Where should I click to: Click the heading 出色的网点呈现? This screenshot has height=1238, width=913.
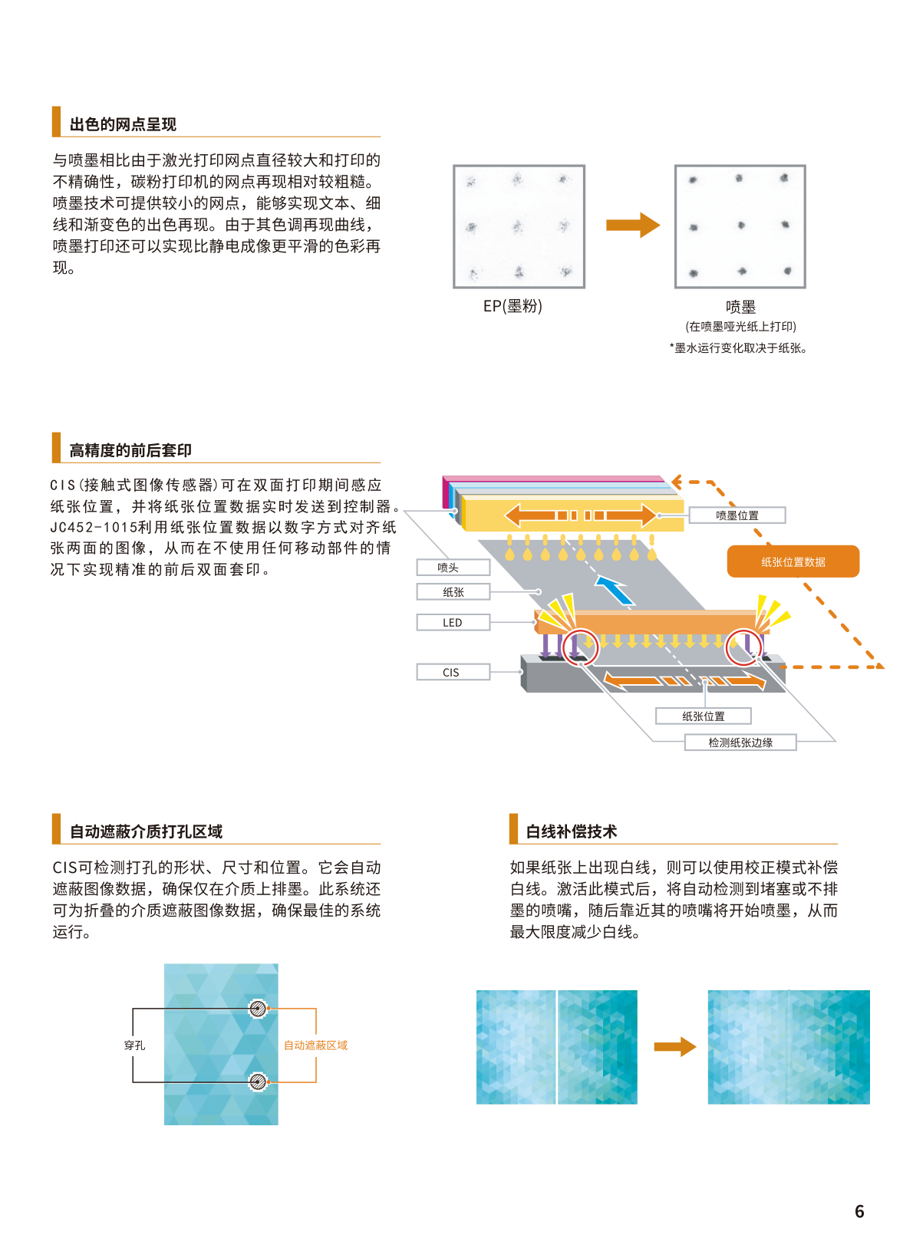[x=123, y=124]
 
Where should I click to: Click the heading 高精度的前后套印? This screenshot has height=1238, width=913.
[x=130, y=450]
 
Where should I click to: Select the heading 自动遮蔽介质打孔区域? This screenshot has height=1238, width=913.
[x=146, y=831]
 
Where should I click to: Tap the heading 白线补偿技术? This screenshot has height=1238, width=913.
[x=571, y=831]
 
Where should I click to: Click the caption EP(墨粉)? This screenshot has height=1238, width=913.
[x=513, y=305]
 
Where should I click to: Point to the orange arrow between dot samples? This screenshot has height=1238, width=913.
[x=633, y=225]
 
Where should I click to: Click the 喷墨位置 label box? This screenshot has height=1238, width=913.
[x=737, y=515]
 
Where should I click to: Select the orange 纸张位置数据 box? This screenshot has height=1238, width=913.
[x=793, y=561]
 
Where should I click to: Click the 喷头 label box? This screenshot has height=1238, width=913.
[x=453, y=567]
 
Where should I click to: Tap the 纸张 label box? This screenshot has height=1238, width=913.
[x=453, y=592]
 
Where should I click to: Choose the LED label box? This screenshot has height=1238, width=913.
[x=453, y=622]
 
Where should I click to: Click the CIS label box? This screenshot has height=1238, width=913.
[x=453, y=672]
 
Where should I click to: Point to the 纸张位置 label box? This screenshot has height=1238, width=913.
[x=704, y=716]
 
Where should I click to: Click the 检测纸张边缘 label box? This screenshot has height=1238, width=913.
[x=740, y=742]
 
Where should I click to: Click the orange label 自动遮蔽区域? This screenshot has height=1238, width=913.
[x=315, y=1045]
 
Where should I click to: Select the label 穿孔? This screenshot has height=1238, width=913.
[x=134, y=1045]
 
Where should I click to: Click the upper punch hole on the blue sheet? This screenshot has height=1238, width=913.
[x=258, y=1009]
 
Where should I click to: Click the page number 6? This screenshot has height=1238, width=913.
[x=859, y=1211]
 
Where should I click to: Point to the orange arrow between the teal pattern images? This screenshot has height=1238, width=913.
[x=675, y=1046]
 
